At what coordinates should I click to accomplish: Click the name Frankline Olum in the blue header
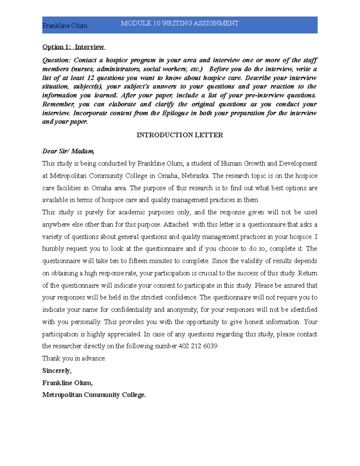point(65,26)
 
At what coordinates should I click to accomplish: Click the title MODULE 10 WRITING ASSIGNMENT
point(180,23)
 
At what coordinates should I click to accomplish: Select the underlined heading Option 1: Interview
point(73,47)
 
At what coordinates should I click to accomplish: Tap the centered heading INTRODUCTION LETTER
point(180,135)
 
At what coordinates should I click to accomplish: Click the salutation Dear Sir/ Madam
point(68,151)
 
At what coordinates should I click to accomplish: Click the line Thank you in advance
point(74,358)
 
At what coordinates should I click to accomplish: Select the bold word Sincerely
point(57,371)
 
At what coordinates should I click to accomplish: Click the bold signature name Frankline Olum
point(67,383)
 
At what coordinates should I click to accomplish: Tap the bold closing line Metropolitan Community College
point(94,395)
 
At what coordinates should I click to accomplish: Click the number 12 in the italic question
point(91,78)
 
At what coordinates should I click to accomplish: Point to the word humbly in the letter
point(53,249)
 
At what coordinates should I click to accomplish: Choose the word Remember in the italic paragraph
point(58,104)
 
